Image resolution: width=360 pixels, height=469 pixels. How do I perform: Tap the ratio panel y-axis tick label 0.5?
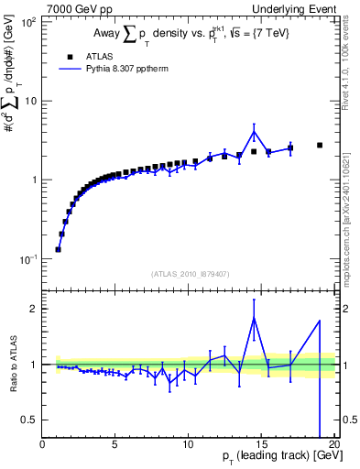pos(30,420)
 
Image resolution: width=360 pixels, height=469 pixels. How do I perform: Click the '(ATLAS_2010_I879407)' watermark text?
pos(191,272)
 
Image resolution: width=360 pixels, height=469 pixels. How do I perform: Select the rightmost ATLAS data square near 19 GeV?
pos(320,145)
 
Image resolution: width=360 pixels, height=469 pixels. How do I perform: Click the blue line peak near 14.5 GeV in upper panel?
pos(254,131)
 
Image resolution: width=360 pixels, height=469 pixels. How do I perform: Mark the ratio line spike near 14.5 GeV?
pos(254,317)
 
